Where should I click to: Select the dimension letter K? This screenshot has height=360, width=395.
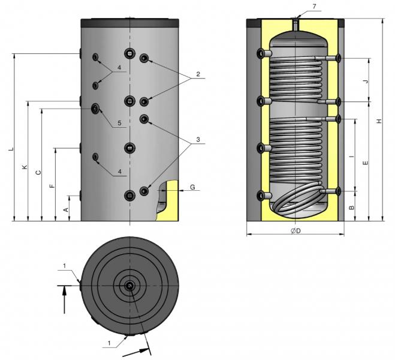pyautogui.click(x=25, y=168)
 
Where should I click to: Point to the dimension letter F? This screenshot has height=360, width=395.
pyautogui.click(x=52, y=186)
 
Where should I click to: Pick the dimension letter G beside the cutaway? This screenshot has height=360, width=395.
pyautogui.click(x=192, y=188)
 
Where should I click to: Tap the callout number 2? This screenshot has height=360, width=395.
pyautogui.click(x=196, y=76)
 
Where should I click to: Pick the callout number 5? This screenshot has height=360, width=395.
pyautogui.click(x=119, y=124)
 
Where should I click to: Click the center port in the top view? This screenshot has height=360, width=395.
pyautogui.click(x=130, y=286)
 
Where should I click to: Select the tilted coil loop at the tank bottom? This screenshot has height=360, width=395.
pyautogui.click(x=297, y=200)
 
